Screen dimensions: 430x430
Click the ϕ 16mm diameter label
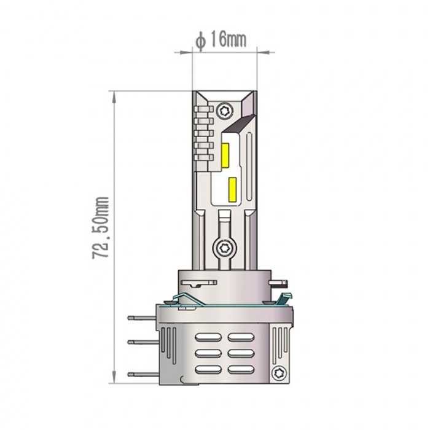click(221, 40)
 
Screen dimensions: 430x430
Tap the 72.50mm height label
click(101, 227)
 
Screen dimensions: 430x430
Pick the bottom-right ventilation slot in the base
click(240, 370)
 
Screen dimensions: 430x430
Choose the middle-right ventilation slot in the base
click(240, 353)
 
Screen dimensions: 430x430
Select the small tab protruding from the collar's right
click(281, 284)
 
